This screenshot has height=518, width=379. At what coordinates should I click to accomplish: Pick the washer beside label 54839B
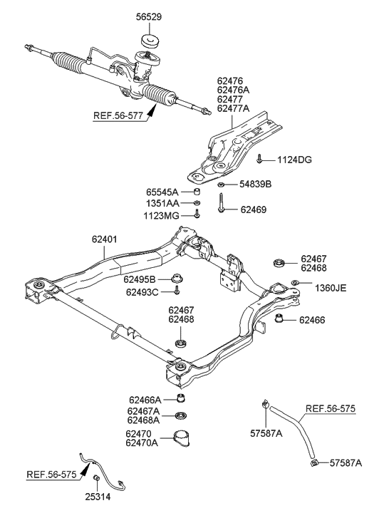(222, 185)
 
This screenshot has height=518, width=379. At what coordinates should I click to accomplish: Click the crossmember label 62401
(107, 241)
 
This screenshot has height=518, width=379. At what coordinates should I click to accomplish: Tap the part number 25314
(95, 498)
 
